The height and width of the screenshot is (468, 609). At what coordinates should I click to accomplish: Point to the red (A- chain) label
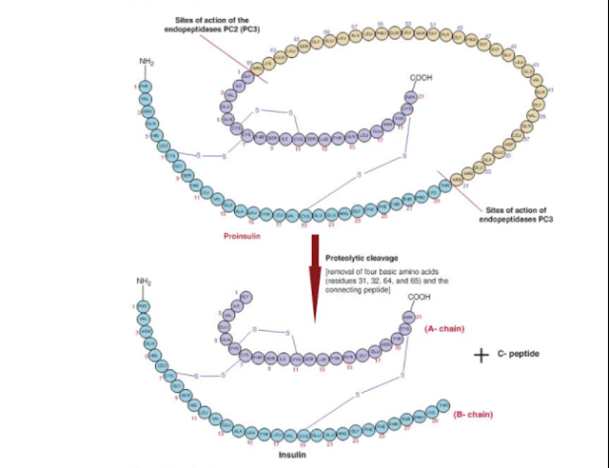(x=442, y=329)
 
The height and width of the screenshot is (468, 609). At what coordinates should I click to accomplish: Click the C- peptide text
(x=520, y=354)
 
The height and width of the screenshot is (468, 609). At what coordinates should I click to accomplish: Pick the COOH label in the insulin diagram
(x=419, y=298)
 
